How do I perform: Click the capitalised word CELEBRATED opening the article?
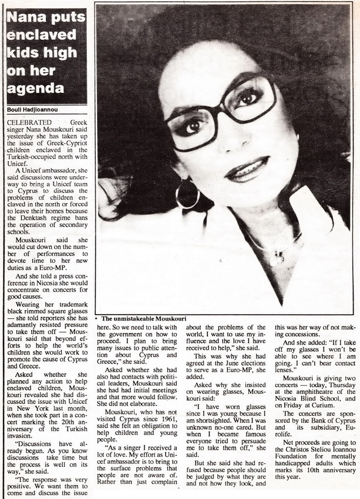[26, 119]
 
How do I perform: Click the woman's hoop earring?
[187, 195]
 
